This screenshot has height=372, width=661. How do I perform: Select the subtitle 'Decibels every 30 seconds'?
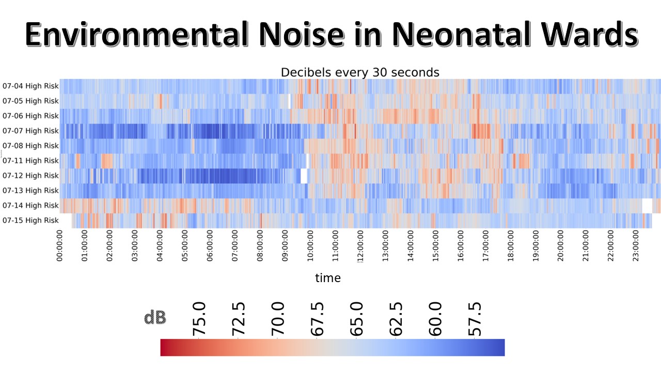click(x=360, y=72)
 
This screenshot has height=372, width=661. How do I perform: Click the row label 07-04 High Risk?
click(x=30, y=86)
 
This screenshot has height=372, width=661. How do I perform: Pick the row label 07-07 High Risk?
click(x=30, y=131)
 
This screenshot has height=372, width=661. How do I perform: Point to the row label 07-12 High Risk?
click(x=30, y=176)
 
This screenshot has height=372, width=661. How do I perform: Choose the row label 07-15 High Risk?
click(x=30, y=221)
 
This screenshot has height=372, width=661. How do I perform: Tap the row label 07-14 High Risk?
click(x=30, y=206)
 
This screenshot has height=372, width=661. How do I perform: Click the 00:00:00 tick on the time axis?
click(x=60, y=247)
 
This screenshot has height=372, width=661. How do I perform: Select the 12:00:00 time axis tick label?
click(x=360, y=247)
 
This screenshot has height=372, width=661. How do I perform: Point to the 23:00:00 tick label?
click(x=636, y=247)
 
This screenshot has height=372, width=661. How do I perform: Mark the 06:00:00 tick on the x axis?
click(x=210, y=247)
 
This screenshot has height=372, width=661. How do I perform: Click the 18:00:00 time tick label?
click(x=511, y=247)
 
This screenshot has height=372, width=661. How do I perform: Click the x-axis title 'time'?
click(x=328, y=278)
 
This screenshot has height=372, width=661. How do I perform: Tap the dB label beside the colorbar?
click(x=155, y=318)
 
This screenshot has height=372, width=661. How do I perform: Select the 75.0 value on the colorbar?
click(x=199, y=319)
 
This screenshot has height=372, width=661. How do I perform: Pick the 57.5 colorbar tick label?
click(x=475, y=319)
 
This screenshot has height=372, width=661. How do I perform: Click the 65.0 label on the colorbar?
click(x=356, y=319)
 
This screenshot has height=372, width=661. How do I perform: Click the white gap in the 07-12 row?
click(x=304, y=176)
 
